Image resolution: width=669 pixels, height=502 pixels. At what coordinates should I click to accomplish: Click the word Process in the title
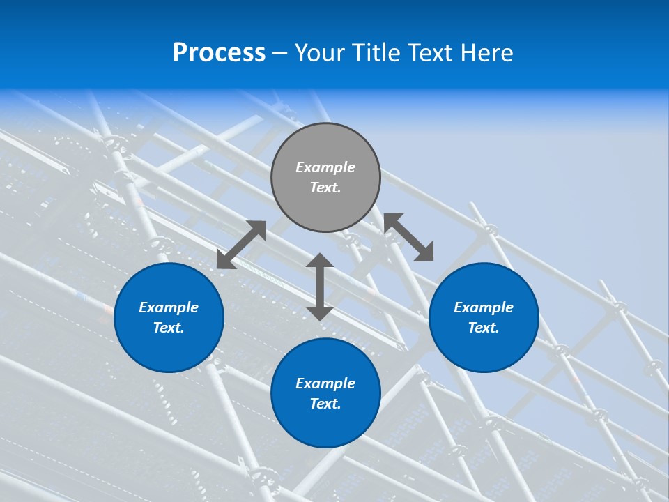(219, 53)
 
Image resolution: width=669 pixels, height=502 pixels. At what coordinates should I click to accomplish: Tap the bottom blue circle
(325, 425)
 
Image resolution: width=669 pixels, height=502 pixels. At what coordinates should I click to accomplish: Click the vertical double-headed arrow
(320, 287)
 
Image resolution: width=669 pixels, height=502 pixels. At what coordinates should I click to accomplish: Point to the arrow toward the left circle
(241, 245)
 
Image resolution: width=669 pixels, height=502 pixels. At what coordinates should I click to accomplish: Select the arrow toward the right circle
(408, 237)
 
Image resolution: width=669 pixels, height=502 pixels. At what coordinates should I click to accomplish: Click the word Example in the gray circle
(325, 167)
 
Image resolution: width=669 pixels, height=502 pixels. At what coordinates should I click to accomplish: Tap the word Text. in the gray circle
(325, 188)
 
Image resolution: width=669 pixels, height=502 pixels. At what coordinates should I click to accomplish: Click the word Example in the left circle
(169, 307)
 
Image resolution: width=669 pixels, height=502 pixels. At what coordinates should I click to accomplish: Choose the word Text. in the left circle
(169, 328)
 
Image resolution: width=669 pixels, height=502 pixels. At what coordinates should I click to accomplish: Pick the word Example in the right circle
(484, 307)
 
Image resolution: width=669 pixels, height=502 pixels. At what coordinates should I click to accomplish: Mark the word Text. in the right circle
(484, 328)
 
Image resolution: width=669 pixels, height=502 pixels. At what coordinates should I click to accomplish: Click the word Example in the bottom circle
(325, 383)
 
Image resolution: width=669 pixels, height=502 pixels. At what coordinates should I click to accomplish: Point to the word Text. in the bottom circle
(325, 404)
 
